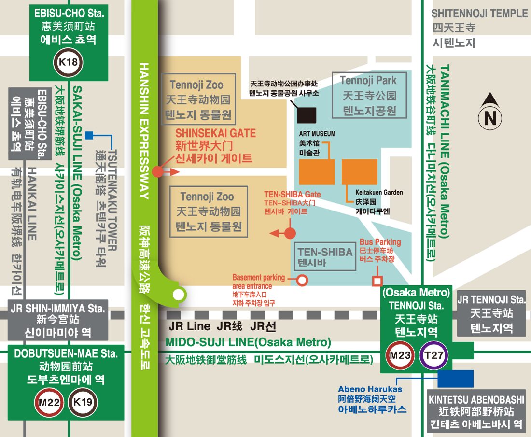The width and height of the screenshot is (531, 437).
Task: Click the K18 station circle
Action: [68, 62]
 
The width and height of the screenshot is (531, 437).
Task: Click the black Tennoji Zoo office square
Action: [307, 115]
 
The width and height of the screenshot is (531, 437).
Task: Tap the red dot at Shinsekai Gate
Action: [158, 171]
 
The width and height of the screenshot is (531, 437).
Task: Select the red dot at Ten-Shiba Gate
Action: [290, 234]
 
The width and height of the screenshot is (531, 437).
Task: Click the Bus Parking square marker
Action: [377, 281]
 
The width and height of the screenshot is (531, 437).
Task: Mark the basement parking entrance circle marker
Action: [302, 280]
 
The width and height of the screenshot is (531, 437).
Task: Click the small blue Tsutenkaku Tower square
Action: [89, 135]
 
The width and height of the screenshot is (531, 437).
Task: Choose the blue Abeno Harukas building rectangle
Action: [456, 378]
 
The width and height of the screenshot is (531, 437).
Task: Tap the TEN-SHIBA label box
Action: [325, 257]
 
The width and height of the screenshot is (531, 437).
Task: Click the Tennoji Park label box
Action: [369, 95]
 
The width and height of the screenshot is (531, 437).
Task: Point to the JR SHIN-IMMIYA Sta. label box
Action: [58, 320]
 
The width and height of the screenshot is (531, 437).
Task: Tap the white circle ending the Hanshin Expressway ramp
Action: [179, 294]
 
